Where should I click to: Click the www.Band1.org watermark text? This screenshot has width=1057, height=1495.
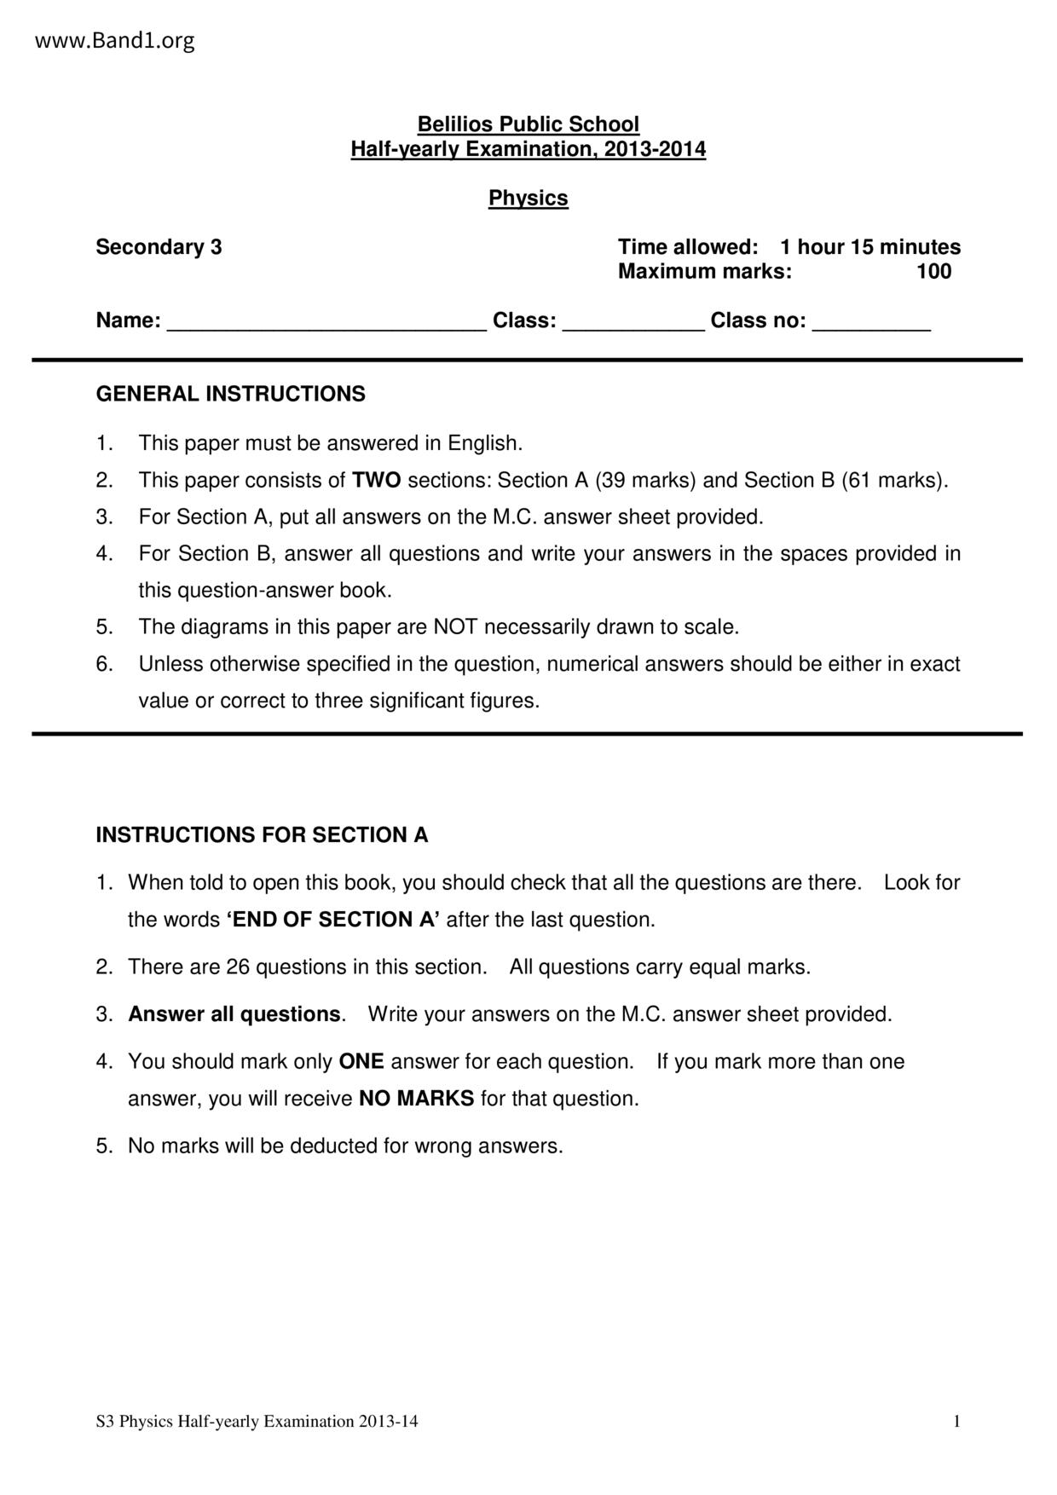114,40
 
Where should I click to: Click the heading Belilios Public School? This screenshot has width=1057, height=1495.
528,124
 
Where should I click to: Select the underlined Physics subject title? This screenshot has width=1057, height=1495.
528,198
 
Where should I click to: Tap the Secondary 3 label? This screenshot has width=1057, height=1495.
159,247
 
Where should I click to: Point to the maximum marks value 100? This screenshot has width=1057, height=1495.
933,272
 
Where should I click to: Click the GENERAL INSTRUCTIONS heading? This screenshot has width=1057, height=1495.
230,394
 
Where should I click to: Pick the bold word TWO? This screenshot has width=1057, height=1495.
376,481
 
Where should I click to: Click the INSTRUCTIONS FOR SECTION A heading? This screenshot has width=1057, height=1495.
262,835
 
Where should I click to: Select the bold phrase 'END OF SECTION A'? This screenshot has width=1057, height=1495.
333,920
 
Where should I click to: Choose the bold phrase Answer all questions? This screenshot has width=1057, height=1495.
234,1014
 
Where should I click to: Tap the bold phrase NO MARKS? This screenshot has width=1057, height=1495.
416,1099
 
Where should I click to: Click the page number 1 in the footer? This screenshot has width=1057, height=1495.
956,1421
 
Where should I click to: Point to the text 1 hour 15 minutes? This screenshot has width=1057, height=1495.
869,247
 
